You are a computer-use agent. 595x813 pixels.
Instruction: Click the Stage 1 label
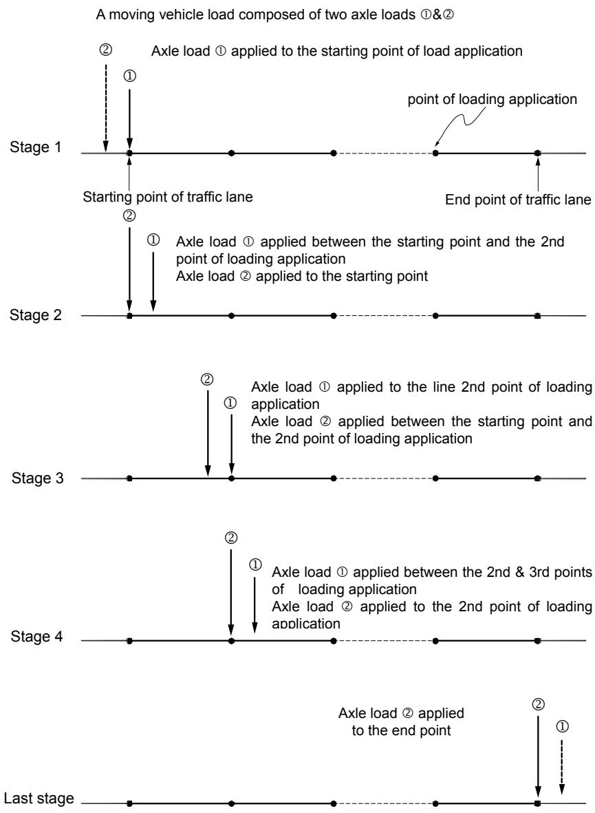tap(35, 147)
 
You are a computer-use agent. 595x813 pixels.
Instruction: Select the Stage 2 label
tap(35, 315)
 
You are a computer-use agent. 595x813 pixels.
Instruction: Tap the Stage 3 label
tap(37, 478)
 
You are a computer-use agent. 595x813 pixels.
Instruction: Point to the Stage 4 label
tap(36, 636)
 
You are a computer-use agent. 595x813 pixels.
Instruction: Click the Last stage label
tap(39, 798)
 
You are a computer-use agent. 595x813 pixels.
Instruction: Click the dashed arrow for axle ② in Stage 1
tap(106, 108)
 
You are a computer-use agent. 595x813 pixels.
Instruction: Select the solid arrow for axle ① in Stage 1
tap(129, 120)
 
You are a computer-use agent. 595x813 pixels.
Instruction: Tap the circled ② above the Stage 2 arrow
tap(129, 215)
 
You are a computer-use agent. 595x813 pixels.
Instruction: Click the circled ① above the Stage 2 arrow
tap(153, 240)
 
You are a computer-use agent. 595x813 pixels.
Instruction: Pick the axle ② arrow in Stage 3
tap(207, 433)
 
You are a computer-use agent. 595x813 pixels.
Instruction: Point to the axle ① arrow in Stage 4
tap(255, 604)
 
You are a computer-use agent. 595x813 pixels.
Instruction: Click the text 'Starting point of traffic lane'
tap(167, 197)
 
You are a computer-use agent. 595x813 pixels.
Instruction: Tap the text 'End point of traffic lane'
tap(518, 200)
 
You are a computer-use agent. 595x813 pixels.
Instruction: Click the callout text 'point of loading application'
tap(492, 99)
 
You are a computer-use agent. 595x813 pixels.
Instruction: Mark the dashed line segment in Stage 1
tap(385, 153)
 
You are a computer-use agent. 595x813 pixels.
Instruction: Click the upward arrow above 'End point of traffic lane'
tap(538, 174)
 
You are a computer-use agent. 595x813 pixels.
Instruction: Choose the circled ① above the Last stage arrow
tap(562, 726)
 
